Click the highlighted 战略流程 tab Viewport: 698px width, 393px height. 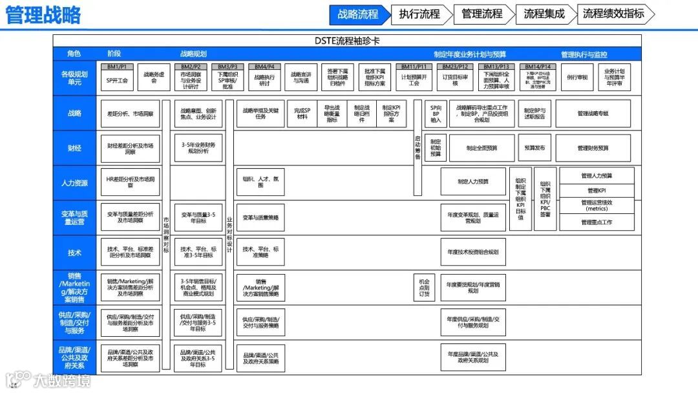[358, 14]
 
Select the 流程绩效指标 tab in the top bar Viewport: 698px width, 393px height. [613, 14]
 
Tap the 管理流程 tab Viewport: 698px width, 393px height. [482, 14]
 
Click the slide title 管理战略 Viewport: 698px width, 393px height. [43, 16]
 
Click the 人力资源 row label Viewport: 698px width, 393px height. [74, 183]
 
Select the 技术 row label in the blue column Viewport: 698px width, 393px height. [74, 253]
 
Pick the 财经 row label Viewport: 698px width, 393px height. [74, 149]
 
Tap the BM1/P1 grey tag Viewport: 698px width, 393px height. [116, 67]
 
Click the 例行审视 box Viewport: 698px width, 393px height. [577, 78]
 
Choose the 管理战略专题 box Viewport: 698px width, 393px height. [593, 114]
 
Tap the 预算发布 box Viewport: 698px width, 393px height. [534, 149]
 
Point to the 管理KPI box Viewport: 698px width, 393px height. [597, 191]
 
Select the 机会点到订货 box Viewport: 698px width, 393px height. [424, 288]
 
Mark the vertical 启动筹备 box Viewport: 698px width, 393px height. [417, 148]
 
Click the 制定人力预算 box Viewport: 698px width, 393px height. [473, 182]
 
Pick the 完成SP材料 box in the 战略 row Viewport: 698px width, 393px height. [302, 114]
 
